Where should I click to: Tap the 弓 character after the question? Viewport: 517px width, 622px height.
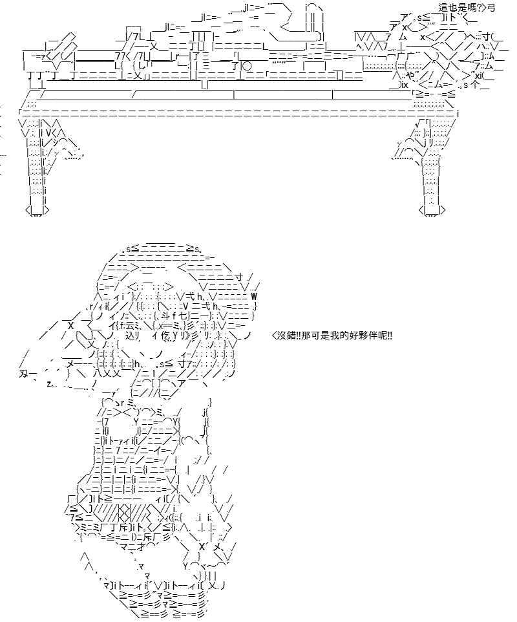(x=491, y=8)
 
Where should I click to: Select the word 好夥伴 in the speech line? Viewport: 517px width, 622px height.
(x=361, y=336)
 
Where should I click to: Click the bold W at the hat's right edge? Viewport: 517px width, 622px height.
(x=254, y=296)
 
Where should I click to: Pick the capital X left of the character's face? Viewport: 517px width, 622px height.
(x=71, y=326)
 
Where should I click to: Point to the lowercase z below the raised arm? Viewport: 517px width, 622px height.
(x=48, y=383)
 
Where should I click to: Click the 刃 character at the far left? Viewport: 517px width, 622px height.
(x=23, y=374)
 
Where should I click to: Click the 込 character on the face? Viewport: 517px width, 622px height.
(x=130, y=336)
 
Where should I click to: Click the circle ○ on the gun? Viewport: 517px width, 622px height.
(x=246, y=66)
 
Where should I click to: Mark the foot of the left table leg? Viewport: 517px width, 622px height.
(x=37, y=211)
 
